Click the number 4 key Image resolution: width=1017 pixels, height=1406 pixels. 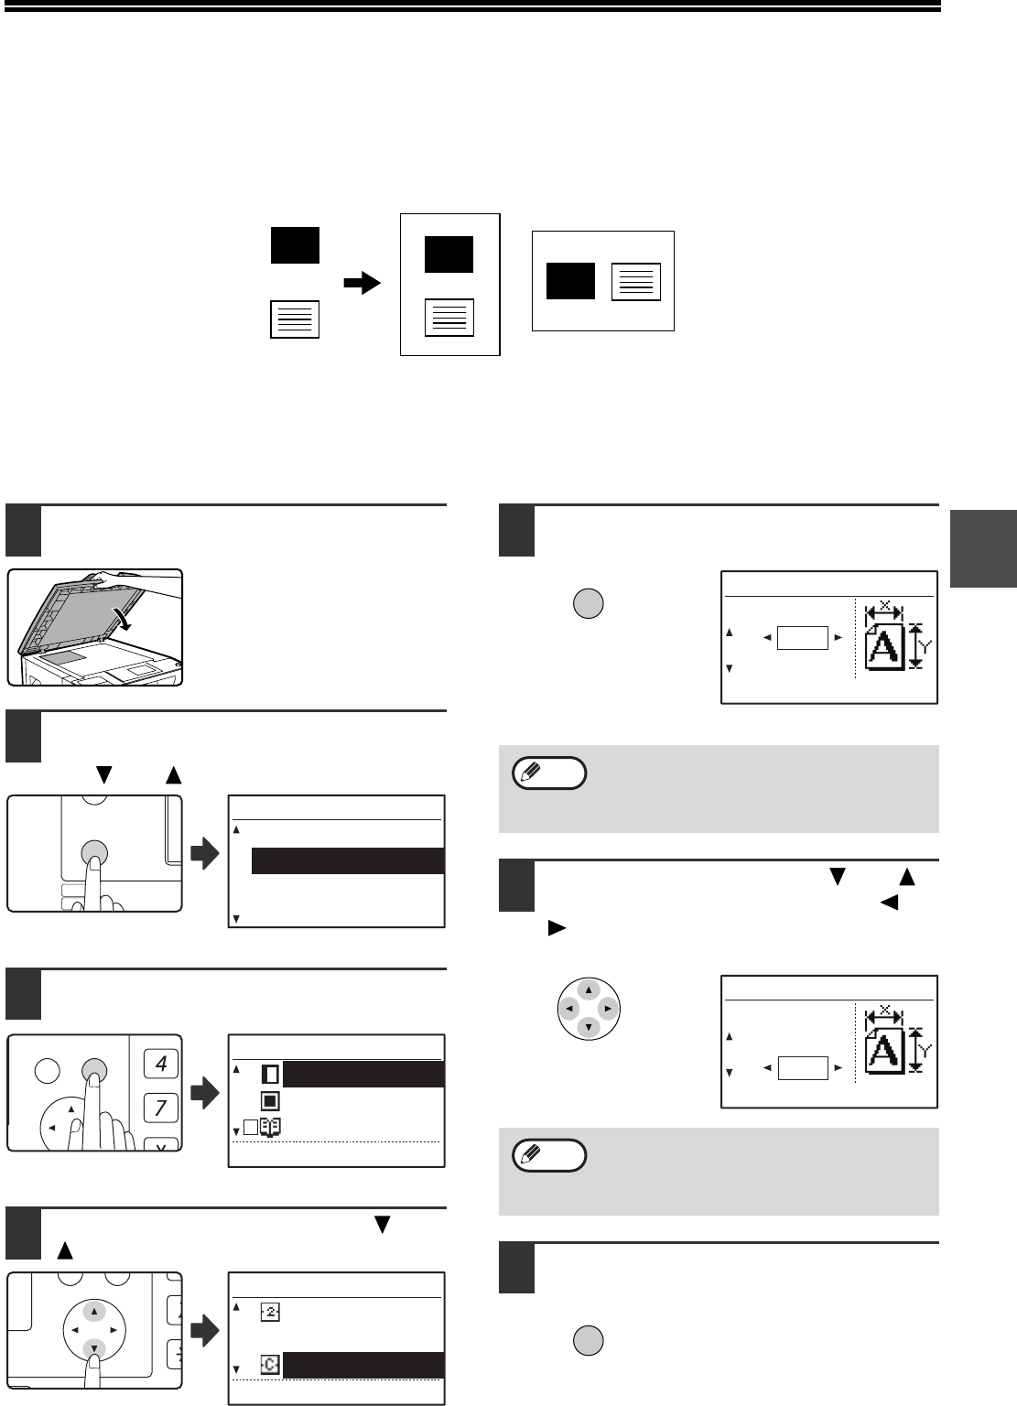pos(161,1064)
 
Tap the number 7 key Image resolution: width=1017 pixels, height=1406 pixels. pos(161,1108)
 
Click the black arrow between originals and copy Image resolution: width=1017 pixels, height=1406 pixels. pos(362,283)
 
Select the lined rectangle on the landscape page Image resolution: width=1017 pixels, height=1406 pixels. pos(636,282)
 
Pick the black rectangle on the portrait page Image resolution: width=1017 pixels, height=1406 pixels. pos(449,254)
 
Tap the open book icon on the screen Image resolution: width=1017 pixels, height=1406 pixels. pos(270,1128)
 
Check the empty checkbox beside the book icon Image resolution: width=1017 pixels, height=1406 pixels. pos(251,1128)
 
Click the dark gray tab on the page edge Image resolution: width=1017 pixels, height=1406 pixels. pos(983,548)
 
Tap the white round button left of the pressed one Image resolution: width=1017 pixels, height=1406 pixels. pos(47,1070)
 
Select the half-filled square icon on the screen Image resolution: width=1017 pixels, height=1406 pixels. pos(270,1075)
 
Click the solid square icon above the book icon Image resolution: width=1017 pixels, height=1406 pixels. pos(270,1101)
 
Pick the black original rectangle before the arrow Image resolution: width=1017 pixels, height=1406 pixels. pos(295,245)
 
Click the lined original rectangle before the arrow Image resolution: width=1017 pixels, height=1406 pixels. pos(295,319)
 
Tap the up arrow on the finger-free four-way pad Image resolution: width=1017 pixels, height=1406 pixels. pos(589,990)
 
